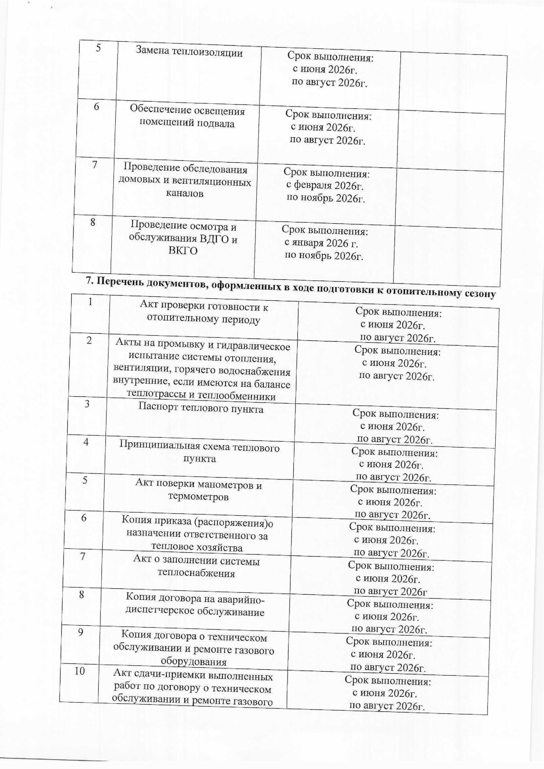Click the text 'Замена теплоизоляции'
[189, 52]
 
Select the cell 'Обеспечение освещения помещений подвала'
[187, 117]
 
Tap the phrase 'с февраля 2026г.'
[325, 186]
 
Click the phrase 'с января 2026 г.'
[321, 243]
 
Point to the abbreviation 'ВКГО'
[182, 251]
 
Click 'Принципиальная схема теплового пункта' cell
[199, 453]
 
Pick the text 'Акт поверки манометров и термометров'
[199, 491]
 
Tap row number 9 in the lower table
[80, 632]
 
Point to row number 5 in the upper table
[98, 48]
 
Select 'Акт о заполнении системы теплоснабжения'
[196, 567]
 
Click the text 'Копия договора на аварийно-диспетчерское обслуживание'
[195, 605]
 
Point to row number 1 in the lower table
[91, 302]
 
